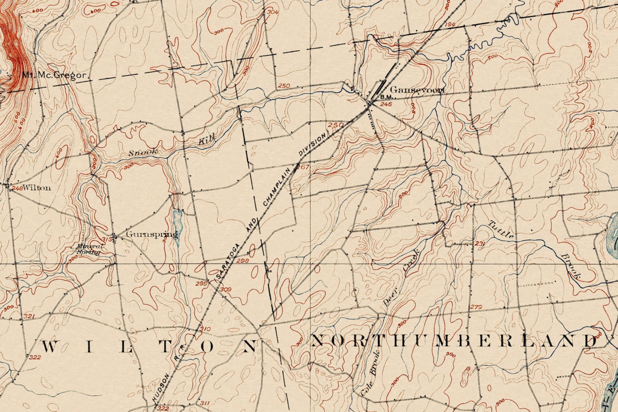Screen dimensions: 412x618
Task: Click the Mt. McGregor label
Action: tap(54, 75)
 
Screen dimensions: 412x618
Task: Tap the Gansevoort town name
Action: tap(417, 90)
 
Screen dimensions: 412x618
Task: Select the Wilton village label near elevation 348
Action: tap(37, 188)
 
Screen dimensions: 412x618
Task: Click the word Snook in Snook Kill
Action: tap(143, 152)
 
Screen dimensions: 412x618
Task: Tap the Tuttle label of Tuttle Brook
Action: tap(501, 230)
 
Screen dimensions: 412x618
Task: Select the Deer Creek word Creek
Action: tap(411, 263)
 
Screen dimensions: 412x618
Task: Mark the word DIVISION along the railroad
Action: tap(312, 145)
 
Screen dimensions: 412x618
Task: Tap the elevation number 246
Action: tap(386, 104)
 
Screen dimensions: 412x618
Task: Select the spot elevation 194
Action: tap(449, 25)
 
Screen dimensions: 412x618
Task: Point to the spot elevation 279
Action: tap(476, 307)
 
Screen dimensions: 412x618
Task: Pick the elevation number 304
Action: tap(272, 12)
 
